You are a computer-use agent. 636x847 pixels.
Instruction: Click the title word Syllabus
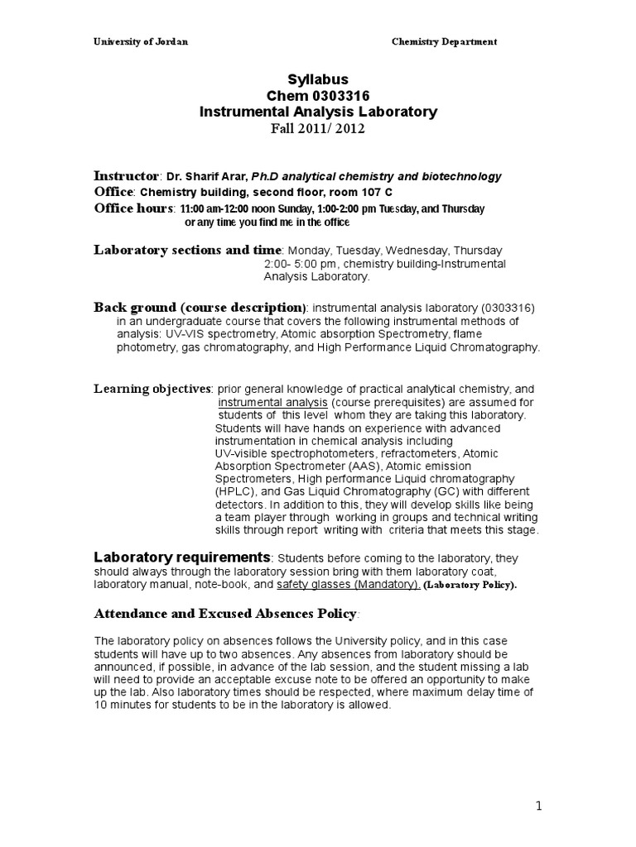click(x=318, y=80)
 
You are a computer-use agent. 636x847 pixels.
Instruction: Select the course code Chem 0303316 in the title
click(x=318, y=96)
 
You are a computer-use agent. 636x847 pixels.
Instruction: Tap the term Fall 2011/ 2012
click(x=318, y=128)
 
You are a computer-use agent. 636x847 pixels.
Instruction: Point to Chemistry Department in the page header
click(x=444, y=42)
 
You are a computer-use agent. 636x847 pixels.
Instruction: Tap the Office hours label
click(x=133, y=208)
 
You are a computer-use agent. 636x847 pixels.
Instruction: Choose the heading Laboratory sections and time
click(x=188, y=250)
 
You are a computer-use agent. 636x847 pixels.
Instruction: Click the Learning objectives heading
click(x=152, y=388)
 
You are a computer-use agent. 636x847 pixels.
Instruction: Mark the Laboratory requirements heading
click(x=181, y=556)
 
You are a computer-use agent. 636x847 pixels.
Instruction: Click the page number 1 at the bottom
click(x=540, y=807)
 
